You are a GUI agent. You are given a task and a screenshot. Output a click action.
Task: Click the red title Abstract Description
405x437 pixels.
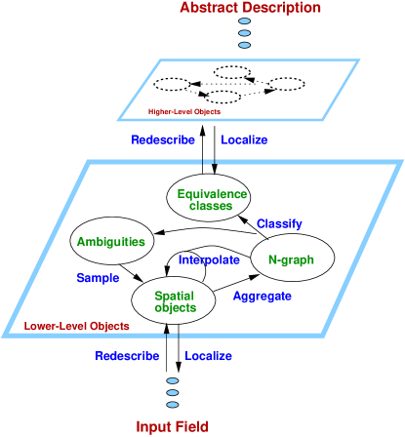click(x=250, y=9)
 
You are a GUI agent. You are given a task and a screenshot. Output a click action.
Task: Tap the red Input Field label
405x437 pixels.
click(x=172, y=426)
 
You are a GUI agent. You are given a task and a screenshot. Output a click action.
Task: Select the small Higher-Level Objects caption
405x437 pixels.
click(x=184, y=111)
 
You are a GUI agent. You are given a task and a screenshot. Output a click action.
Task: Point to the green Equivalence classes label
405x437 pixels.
click(x=212, y=199)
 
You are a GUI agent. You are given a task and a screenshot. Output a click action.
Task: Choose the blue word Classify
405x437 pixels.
click(x=279, y=224)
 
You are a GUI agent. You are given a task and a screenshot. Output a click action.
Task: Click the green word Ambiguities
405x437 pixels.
click(x=111, y=242)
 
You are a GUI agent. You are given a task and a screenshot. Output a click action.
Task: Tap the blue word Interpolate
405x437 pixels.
click(x=209, y=260)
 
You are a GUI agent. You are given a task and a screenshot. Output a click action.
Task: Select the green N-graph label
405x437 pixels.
click(x=291, y=260)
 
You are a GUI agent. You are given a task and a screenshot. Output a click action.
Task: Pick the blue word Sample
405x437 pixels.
click(x=98, y=278)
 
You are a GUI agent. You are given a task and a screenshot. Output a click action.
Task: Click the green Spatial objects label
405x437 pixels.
click(x=176, y=301)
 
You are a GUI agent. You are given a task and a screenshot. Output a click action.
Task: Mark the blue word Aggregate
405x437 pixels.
click(x=263, y=296)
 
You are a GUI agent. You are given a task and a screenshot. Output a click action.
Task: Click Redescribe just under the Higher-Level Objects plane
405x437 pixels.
click(x=163, y=140)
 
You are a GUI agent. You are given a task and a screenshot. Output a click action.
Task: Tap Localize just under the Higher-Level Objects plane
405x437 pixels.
click(x=244, y=140)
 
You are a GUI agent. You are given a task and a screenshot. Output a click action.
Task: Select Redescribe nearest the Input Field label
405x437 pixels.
click(x=127, y=356)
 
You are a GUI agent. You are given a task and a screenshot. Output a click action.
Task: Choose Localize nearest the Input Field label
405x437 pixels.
click(x=208, y=356)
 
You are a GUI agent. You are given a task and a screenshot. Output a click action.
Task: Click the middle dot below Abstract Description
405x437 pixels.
click(x=244, y=33)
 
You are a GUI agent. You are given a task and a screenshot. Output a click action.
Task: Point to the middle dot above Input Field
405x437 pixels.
click(x=173, y=392)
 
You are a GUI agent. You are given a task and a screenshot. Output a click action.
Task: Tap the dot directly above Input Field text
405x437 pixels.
click(x=173, y=403)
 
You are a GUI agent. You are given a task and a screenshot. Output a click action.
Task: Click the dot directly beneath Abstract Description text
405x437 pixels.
click(x=244, y=21)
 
